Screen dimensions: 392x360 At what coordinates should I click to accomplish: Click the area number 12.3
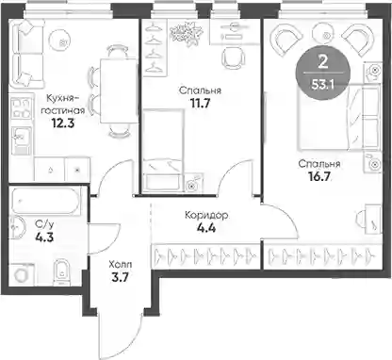click(63, 123)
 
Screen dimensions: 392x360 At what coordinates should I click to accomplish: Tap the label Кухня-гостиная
click(63, 105)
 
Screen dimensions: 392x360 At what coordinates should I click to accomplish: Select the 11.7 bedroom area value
click(200, 103)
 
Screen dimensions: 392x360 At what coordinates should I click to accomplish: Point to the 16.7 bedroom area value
click(319, 176)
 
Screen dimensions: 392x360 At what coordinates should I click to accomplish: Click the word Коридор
click(206, 216)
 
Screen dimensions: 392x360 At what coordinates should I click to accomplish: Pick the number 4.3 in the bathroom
click(44, 237)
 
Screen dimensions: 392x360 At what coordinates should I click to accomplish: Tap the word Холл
click(121, 265)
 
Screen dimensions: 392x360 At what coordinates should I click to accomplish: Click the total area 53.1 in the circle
click(322, 85)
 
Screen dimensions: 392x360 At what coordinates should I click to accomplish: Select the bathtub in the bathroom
click(45, 201)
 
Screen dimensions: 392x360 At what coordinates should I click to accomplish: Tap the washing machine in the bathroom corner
click(22, 275)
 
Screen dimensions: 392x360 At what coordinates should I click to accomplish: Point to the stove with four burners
click(21, 108)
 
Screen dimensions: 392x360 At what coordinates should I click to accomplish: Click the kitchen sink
click(21, 139)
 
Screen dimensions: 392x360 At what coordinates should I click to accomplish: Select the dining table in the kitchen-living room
click(119, 90)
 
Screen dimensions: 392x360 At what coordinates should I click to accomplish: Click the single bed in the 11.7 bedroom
click(163, 150)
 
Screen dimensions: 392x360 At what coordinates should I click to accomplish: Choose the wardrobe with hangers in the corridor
click(206, 256)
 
